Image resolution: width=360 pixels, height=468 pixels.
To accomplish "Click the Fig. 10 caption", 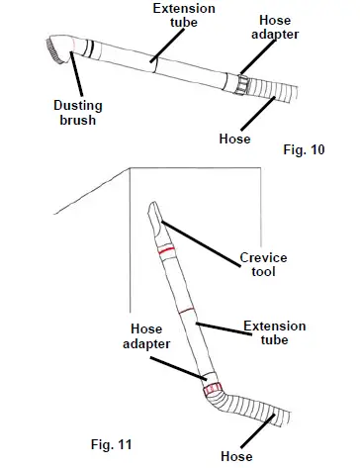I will [305, 149].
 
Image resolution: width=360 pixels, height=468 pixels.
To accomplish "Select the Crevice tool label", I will [263, 265].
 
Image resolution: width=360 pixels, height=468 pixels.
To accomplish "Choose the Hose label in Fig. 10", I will [233, 139].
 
